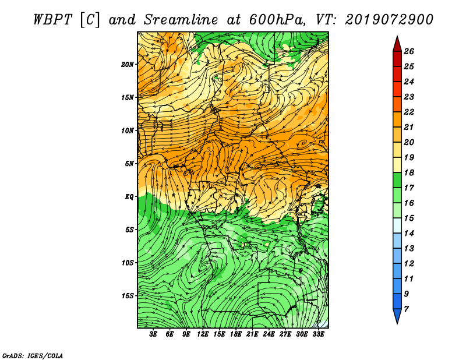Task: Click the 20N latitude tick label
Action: tap(128, 64)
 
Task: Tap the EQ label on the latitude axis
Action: tap(129, 196)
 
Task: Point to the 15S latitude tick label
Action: tap(128, 296)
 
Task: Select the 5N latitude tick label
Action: tap(129, 164)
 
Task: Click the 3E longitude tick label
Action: tap(153, 334)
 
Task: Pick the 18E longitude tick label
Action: tap(236, 334)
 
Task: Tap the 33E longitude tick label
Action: tap(318, 334)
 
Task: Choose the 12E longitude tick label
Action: tap(203, 334)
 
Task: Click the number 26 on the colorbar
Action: tap(409, 51)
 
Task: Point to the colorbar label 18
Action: tap(409, 172)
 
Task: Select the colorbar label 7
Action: tap(407, 309)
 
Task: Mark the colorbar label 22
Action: tap(409, 112)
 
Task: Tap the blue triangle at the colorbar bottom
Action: tap(397, 315)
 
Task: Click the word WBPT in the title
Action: tap(52, 20)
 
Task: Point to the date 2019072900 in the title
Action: tap(389, 20)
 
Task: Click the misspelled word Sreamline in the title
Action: tap(181, 20)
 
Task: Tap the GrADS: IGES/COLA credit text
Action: tap(33, 356)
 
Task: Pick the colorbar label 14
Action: tap(409, 234)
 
